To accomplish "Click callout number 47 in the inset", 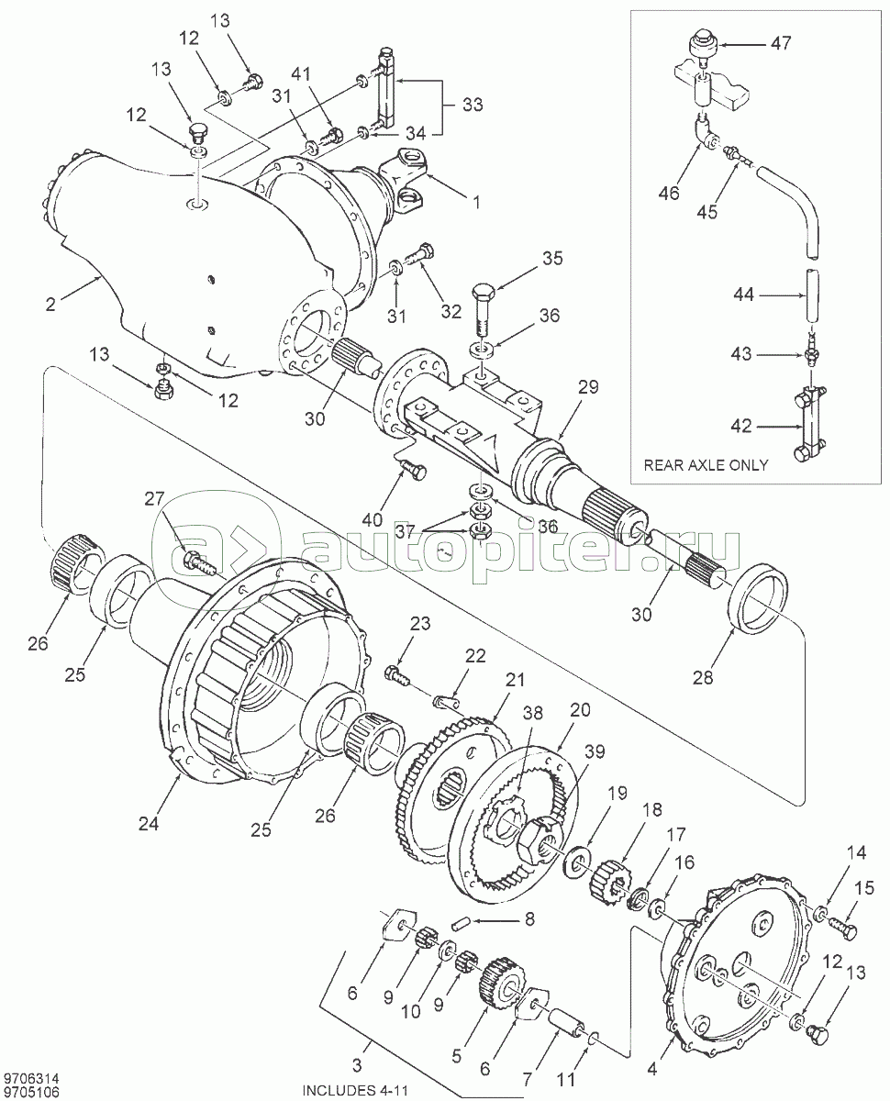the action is (781, 42).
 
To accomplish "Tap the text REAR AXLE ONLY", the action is (706, 465).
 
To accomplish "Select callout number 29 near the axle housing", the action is (588, 387).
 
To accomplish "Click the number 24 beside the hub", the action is (149, 824).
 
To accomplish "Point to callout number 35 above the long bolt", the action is (552, 259).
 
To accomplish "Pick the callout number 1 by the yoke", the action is (476, 202).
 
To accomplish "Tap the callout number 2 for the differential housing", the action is (50, 305).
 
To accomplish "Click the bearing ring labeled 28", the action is (757, 600).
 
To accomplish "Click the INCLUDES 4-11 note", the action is (355, 1087).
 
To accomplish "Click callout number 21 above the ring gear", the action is (514, 680).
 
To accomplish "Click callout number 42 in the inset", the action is (741, 427).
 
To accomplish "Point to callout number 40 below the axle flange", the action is (373, 519).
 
